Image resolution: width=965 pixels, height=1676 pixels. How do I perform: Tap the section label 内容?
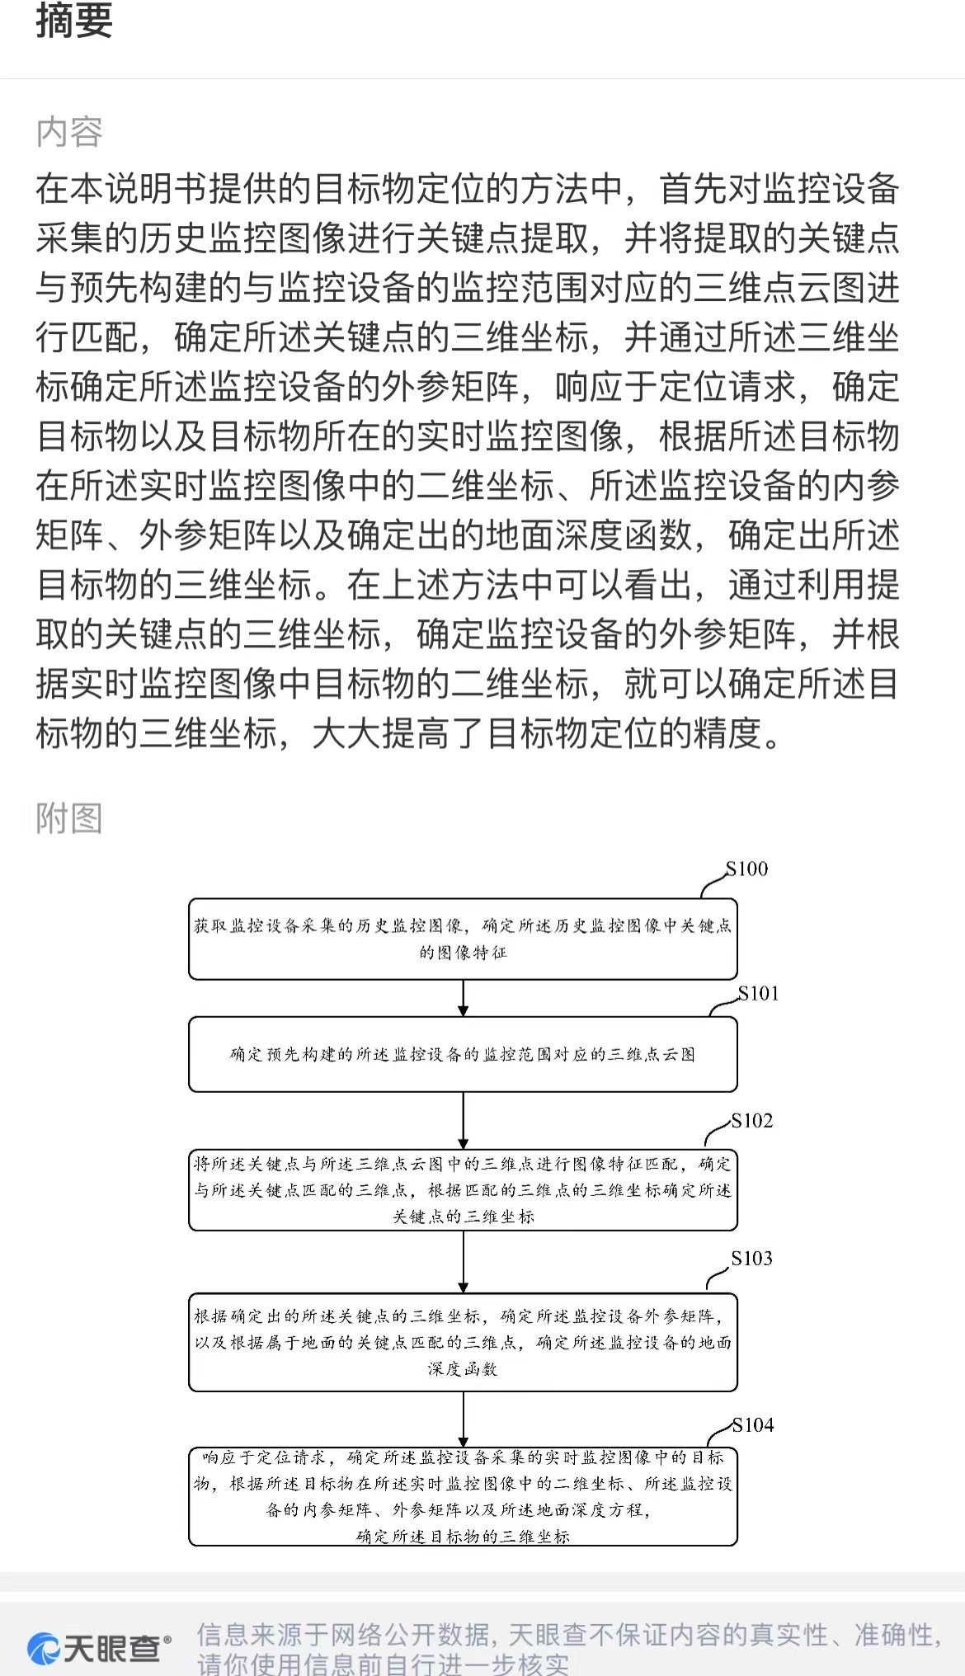coord(69,132)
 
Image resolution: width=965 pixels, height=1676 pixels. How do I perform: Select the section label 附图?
coord(69,819)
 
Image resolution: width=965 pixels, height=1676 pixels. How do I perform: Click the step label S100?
coord(746,869)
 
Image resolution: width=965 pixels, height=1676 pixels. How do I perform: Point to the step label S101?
coord(758,993)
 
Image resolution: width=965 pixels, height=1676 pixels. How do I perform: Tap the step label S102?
coord(752,1120)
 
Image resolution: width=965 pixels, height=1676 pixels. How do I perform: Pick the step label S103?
coord(752,1258)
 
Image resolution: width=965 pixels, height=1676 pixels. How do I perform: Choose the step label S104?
coord(753,1424)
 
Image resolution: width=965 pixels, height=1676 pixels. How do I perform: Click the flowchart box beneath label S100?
coord(463,939)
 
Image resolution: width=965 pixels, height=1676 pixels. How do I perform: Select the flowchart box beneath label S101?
coord(463,1054)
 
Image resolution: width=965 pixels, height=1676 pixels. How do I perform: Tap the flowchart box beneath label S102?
coord(463,1190)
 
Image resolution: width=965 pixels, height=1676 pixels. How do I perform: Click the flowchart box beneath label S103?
coord(463,1342)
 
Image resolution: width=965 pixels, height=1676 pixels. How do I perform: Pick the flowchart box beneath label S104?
coord(463,1496)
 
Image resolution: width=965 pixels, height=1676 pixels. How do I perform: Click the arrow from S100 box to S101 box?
coord(463,998)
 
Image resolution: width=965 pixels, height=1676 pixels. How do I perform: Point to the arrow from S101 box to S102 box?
coord(463,1121)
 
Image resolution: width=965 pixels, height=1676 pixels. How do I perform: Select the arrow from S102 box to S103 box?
coord(463,1262)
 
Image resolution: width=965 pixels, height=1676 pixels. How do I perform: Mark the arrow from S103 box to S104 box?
coord(463,1419)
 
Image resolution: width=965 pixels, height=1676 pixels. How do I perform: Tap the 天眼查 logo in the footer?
coord(99,1648)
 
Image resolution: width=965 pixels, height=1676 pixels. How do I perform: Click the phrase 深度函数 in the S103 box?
coord(463,1369)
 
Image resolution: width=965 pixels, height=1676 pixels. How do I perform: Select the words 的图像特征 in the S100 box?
coord(463,953)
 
